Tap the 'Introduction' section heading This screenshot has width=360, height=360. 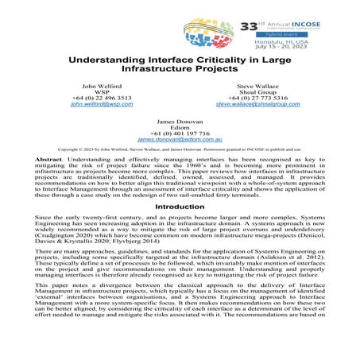(180, 206)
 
